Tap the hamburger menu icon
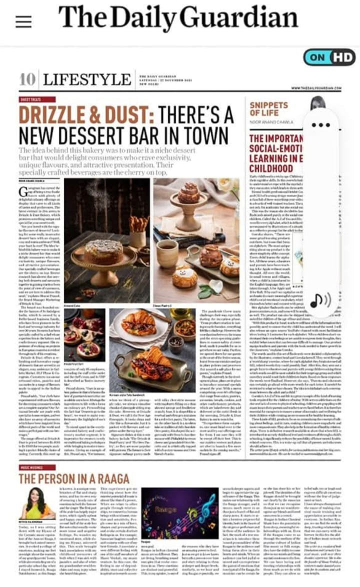coord(23,20)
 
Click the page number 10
coord(27,79)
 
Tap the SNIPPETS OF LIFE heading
coord(269,108)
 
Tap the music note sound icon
coord(320,299)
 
